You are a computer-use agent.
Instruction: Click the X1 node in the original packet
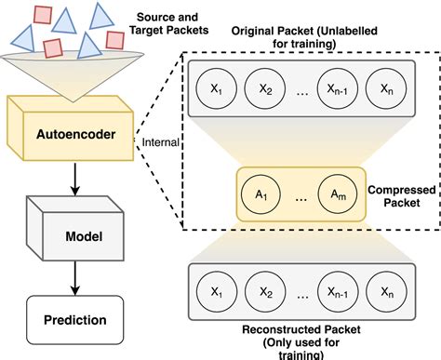[215, 91]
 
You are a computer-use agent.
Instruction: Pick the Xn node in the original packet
[386, 91]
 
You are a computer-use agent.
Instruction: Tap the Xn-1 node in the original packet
[337, 91]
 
